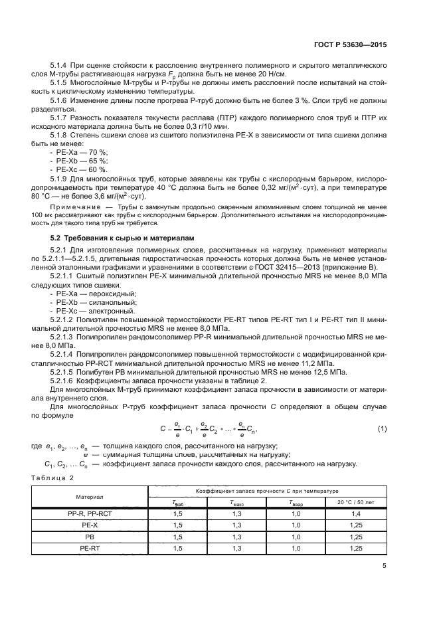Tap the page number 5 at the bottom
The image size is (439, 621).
(384, 566)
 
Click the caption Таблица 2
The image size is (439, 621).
(53, 477)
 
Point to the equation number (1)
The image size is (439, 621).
(382, 428)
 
